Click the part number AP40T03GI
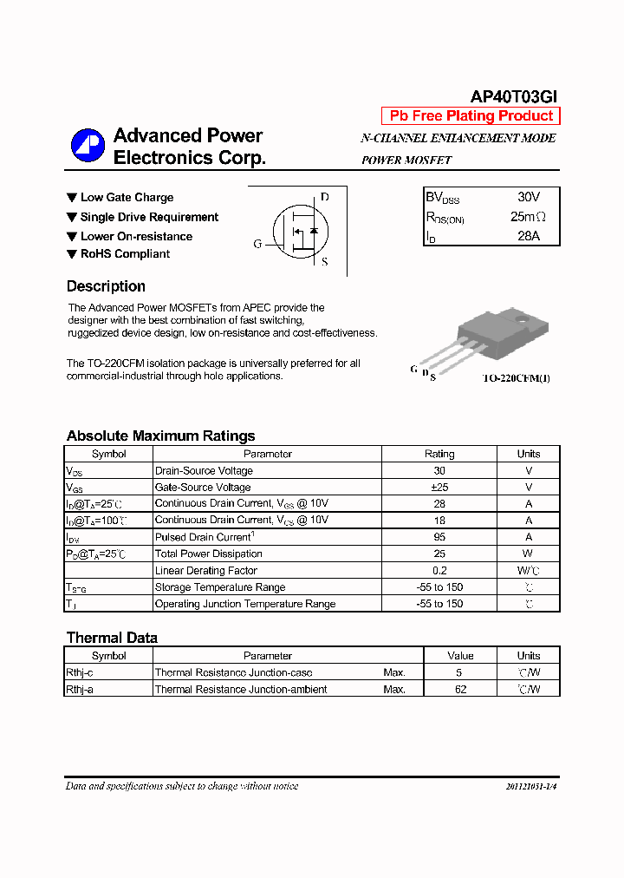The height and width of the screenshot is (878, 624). [515, 97]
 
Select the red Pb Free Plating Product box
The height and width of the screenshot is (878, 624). [471, 116]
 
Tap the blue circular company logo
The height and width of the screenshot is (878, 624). [88, 146]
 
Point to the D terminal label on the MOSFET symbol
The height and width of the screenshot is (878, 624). [325, 197]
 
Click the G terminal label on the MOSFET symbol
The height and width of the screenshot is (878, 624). [257, 244]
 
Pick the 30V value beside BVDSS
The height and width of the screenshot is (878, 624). [529, 198]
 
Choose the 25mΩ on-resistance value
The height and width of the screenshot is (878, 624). [529, 217]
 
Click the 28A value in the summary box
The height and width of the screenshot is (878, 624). [529, 236]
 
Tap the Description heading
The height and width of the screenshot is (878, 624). [106, 286]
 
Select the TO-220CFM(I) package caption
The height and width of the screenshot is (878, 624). [517, 378]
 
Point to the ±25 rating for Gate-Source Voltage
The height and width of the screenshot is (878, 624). [439, 488]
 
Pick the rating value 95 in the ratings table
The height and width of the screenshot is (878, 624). [439, 537]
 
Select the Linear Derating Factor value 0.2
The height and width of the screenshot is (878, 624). [439, 571]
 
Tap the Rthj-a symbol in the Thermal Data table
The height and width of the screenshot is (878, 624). [80, 690]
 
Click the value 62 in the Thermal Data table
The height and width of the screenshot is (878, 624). [460, 690]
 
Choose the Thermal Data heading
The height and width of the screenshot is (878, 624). [112, 639]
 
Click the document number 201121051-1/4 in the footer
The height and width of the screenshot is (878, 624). [530, 787]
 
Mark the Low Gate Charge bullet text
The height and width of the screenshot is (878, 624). [127, 198]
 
